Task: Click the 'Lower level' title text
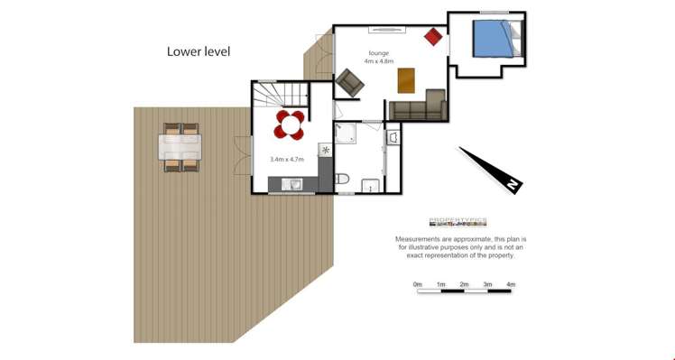[x=199, y=51]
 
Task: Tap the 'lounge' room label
[x=379, y=53]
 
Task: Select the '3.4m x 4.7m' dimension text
[x=287, y=159]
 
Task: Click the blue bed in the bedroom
[x=492, y=39]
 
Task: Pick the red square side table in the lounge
[x=434, y=37]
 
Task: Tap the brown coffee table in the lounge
[x=407, y=80]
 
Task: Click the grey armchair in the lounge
[x=349, y=83]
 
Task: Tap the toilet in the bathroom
[x=342, y=181]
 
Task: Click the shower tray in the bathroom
[x=346, y=134]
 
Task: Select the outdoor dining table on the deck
[x=180, y=147]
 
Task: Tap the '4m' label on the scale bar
[x=511, y=284]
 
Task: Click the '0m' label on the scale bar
[x=418, y=284]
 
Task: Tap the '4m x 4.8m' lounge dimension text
[x=379, y=62]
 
